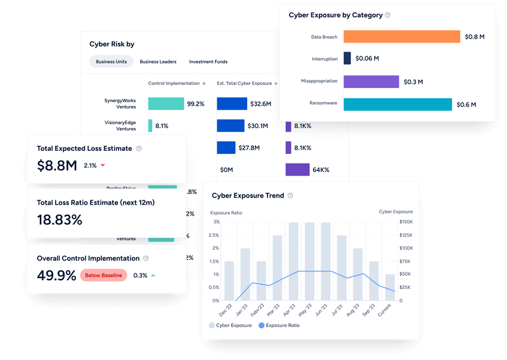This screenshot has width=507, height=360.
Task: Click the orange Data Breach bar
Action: click(402, 37)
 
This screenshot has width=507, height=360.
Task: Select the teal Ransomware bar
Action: click(397, 105)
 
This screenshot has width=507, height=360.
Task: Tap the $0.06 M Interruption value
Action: click(368, 58)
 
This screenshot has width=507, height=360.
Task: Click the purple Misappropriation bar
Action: click(371, 81)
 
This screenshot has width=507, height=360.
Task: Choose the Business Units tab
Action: click(111, 61)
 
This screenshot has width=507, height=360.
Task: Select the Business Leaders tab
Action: click(158, 61)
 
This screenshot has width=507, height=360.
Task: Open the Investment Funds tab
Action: click(208, 61)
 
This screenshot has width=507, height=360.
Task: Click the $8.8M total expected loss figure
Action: click(57, 166)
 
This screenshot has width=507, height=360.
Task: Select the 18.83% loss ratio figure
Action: click(60, 220)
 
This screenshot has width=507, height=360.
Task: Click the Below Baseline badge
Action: click(103, 275)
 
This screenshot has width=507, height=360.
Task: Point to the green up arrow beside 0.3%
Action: click(153, 275)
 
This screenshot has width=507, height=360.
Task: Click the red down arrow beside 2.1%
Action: click(103, 166)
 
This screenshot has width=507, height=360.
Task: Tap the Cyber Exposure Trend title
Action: click(248, 196)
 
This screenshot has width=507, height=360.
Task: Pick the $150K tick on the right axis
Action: click(406, 222)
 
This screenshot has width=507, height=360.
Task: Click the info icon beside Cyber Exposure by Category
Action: click(388, 15)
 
